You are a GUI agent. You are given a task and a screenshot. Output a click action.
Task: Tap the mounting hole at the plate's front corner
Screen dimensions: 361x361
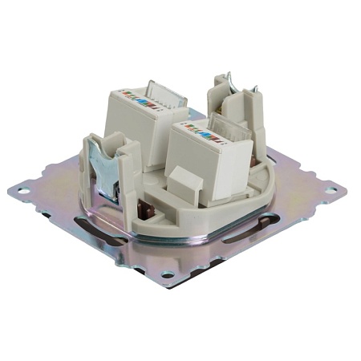pos(168,274)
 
